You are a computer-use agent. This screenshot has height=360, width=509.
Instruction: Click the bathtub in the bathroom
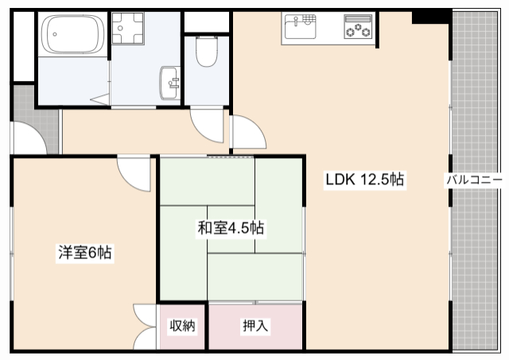tap(72, 34)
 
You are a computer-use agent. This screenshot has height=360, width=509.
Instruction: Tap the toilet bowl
tap(207, 53)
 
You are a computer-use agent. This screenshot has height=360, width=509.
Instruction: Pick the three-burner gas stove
tap(358, 27)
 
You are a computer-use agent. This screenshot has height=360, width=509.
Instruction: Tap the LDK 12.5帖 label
tap(365, 180)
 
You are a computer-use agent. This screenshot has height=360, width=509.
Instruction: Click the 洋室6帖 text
tap(84, 254)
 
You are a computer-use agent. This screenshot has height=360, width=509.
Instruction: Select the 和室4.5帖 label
tap(231, 228)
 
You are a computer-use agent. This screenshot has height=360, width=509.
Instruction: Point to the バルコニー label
tap(473, 180)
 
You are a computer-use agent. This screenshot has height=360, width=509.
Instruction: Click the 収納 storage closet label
tap(182, 326)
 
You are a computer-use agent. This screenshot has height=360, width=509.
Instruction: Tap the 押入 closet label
tap(255, 326)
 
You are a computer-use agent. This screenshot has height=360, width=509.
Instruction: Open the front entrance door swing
tap(28, 139)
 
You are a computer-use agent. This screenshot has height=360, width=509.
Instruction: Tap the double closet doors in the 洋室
tap(146, 326)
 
